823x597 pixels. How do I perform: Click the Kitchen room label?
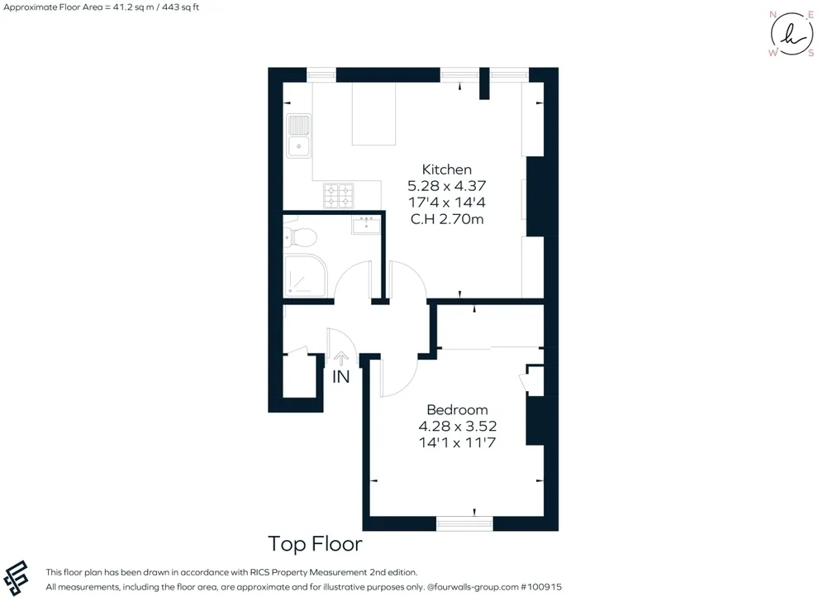click(447, 170)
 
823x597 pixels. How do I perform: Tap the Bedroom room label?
click(457, 409)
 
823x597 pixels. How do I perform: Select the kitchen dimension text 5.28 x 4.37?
click(447, 186)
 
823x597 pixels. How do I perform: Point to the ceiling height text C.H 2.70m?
click(447, 219)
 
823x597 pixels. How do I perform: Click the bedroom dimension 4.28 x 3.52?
click(457, 426)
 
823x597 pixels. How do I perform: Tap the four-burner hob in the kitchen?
click(339, 195)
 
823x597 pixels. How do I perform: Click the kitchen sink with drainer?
click(298, 136)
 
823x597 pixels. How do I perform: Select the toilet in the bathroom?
click(300, 238)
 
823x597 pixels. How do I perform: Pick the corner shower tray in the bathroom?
click(305, 275)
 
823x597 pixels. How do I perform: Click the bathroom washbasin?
click(366, 225)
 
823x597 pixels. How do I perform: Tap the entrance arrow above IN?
click(340, 359)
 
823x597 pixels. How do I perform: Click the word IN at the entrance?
click(340, 376)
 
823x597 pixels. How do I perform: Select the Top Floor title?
click(315, 544)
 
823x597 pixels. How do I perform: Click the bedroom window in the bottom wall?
click(464, 523)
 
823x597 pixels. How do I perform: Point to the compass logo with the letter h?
click(792, 34)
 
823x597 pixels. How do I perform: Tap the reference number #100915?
click(540, 587)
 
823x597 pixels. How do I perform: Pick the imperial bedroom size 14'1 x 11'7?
click(457, 442)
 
